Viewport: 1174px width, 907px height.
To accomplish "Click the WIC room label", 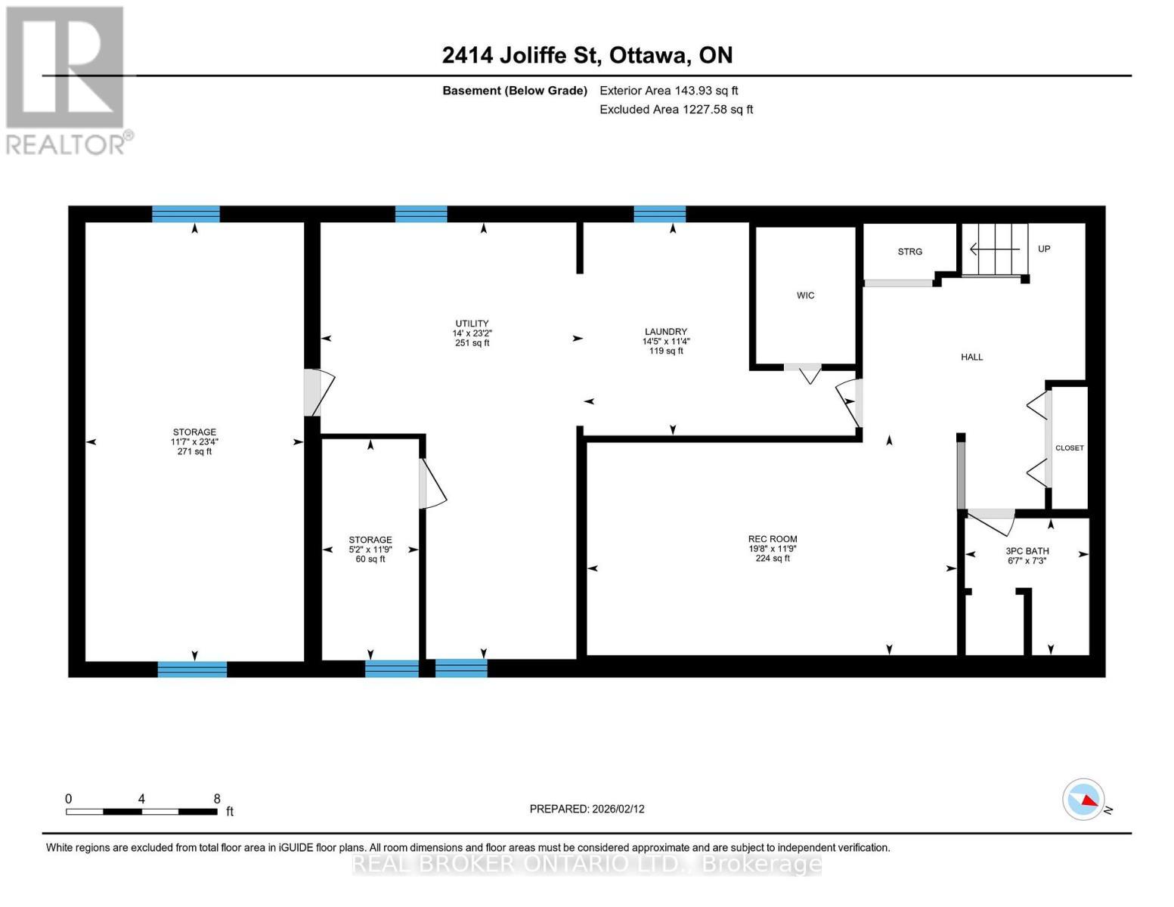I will (805, 296).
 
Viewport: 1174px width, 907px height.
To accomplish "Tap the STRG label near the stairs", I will (909, 252).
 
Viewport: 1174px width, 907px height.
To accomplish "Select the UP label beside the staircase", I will (1043, 249).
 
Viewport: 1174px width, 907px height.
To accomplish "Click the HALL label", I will (971, 357).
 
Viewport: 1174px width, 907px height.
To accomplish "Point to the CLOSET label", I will (1069, 448).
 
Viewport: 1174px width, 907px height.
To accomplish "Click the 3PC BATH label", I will (1027, 551).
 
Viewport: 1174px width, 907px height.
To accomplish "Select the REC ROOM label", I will (773, 539).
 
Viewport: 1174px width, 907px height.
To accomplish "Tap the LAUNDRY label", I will (665, 332).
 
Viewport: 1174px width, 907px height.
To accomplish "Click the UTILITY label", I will (472, 323).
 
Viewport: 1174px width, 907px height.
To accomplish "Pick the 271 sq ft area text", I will (194, 452).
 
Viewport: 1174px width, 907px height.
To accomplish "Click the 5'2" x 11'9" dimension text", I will (370, 549).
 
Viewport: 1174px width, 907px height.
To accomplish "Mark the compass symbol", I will (1083, 799).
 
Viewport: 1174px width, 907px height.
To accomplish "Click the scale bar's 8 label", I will (217, 799).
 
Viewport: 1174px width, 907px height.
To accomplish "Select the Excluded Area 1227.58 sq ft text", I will (676, 110).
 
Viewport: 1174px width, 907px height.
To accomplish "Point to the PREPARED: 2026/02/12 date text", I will (587, 809).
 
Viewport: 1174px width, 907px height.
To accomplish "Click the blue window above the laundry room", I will (659, 214).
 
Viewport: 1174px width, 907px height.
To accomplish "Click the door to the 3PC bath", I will (991, 519).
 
